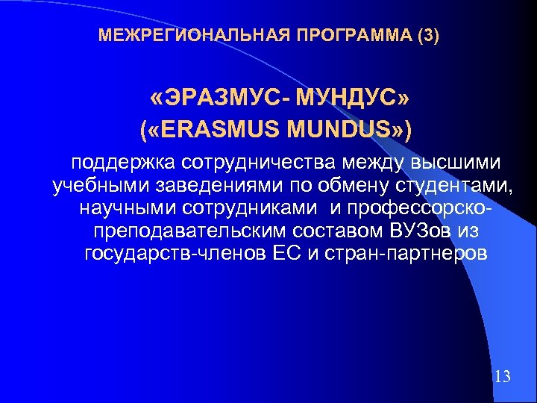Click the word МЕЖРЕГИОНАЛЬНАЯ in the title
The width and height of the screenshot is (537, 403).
coord(175,35)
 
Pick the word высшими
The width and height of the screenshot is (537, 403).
coord(461,162)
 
